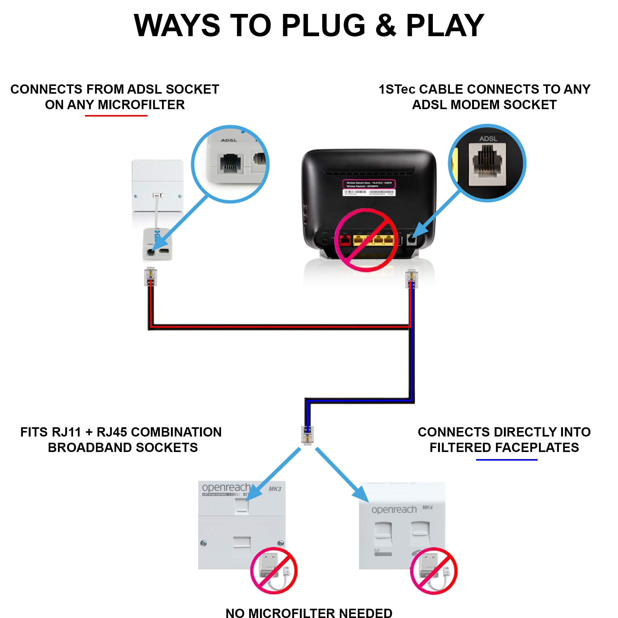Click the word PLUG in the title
tap(323, 26)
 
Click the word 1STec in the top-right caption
tap(397, 89)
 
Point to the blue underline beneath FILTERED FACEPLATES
tap(507, 460)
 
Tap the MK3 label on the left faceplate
tap(275, 489)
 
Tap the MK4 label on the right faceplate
tap(427, 508)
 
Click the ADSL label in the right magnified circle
tap(488, 139)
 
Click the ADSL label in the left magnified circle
tap(229, 140)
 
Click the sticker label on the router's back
tap(369, 188)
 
